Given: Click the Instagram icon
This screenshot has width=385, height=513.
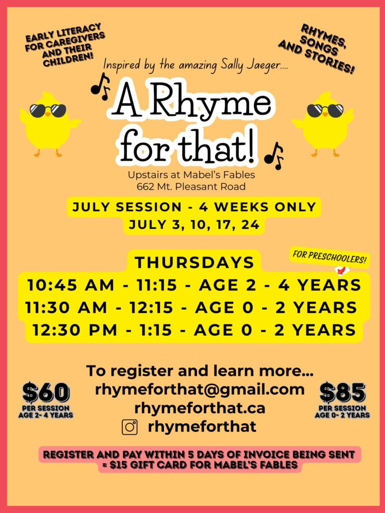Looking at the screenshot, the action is (x=130, y=427).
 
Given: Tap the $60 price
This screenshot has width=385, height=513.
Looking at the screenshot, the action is (x=46, y=392).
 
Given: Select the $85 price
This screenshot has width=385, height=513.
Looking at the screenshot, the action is (x=342, y=392).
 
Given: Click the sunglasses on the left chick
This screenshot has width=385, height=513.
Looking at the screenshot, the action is (x=48, y=110).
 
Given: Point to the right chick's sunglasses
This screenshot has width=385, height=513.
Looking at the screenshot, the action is (x=325, y=110).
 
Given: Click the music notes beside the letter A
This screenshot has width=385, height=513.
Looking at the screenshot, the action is (x=100, y=87).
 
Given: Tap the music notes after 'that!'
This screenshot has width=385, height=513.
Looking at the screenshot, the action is (x=274, y=156).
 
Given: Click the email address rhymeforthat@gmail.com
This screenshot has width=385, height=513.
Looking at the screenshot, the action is (x=200, y=389).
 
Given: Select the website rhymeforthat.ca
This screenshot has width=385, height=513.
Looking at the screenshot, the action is (x=200, y=408).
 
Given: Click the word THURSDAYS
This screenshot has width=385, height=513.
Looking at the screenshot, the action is (x=195, y=263).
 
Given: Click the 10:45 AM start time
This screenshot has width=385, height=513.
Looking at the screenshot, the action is (x=71, y=285).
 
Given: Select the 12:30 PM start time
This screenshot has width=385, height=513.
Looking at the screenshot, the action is (x=75, y=330).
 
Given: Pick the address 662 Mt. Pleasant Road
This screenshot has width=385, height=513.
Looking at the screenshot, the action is (x=191, y=187).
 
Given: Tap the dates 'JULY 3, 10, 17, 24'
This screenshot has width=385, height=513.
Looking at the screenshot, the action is (x=194, y=225).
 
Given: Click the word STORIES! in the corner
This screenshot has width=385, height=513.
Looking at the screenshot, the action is (x=331, y=63).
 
